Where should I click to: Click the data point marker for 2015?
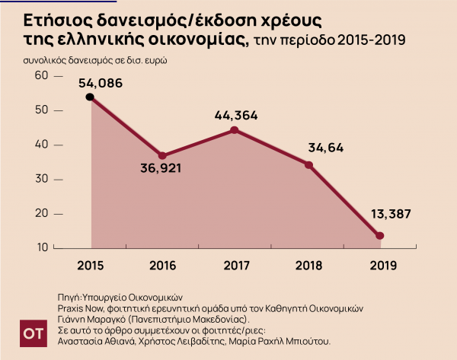click(90, 97)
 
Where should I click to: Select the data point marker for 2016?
click(161, 155)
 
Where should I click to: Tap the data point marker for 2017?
click(234, 130)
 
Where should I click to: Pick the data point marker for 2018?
click(308, 164)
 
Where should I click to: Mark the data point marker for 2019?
click(380, 236)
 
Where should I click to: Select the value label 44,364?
click(236, 116)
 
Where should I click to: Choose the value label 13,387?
click(390, 215)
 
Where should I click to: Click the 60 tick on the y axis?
click(40, 75)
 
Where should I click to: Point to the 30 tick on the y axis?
click(40, 179)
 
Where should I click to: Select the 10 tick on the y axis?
click(40, 248)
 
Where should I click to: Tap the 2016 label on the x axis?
click(163, 265)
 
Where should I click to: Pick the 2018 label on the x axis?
click(308, 265)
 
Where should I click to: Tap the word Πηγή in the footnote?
click(69, 297)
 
